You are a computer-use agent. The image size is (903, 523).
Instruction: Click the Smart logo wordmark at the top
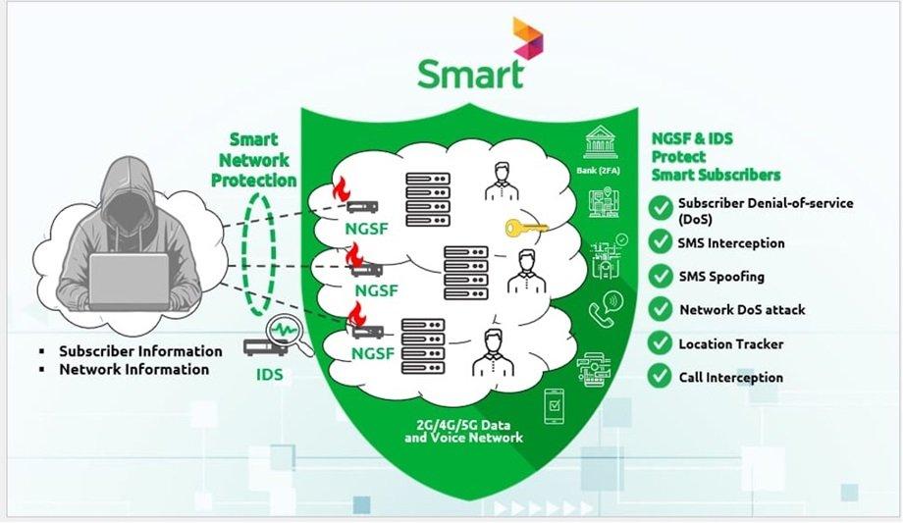point(469,70)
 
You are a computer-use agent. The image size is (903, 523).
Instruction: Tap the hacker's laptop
point(130,280)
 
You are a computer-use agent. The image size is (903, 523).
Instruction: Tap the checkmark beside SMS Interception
point(660,241)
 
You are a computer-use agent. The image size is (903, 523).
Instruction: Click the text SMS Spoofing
point(720,277)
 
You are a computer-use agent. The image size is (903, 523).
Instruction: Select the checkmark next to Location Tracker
point(660,343)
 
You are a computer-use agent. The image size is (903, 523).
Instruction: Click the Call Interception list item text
point(730,377)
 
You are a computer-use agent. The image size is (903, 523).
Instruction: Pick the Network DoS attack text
point(742,310)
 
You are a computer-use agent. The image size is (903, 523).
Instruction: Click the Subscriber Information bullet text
point(140,350)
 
